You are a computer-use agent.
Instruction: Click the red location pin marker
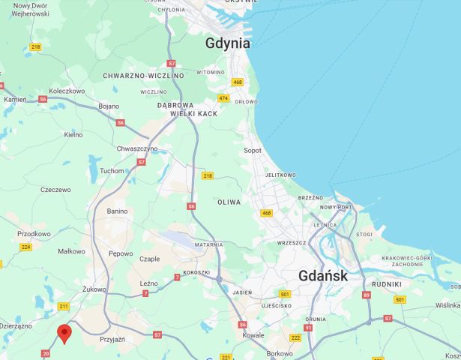pos(64,334)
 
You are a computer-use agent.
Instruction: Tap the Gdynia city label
pos(228,43)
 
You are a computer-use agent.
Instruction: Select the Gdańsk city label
pos(323,275)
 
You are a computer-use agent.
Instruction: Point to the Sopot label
pos(253,150)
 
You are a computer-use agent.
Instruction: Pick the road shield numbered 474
pos(223,98)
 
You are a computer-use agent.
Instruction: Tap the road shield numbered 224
pos(26,247)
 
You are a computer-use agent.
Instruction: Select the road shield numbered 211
pos(64,306)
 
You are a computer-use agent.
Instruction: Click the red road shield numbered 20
pos(46,352)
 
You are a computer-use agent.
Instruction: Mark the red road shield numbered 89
pos(367,295)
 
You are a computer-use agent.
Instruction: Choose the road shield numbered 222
pos(295,338)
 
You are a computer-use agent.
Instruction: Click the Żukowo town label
pos(94,288)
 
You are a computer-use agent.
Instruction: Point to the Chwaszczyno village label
pos(137,148)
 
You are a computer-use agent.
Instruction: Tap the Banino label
pos(117,211)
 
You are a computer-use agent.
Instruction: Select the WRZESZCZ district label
pos(292,243)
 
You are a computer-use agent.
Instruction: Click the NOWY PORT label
pos(337,207)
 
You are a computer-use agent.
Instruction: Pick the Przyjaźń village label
pos(112,339)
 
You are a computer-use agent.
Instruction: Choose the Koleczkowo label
pos(67,91)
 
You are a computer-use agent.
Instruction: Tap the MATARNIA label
pos(208,244)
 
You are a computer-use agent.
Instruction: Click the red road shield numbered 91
pos(308,328)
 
